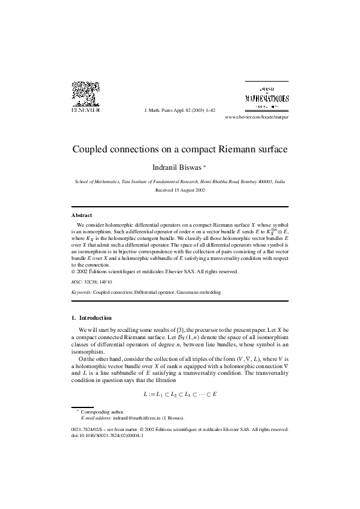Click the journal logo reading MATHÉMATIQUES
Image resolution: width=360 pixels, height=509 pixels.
(x=266, y=98)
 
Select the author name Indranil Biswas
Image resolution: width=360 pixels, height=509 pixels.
(x=177, y=166)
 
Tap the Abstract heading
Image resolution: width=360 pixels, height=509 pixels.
(x=82, y=215)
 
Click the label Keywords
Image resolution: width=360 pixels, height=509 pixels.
(x=81, y=292)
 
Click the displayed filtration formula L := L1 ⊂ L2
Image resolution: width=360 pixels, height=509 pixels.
(x=180, y=394)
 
